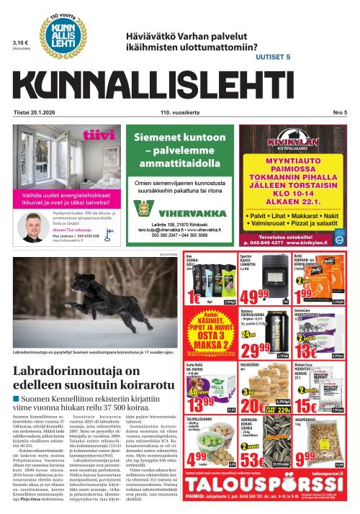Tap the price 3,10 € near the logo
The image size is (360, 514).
[x=20, y=42]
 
